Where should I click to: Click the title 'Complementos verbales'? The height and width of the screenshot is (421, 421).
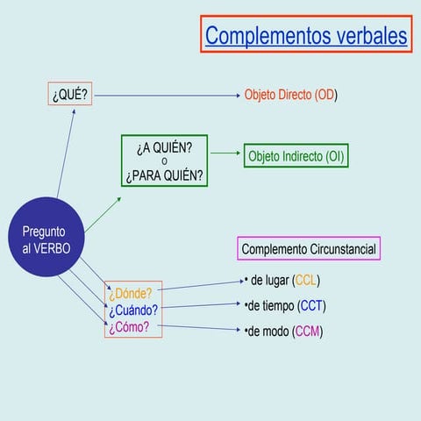click(x=306, y=36)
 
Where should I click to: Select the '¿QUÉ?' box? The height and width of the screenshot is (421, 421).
click(x=69, y=94)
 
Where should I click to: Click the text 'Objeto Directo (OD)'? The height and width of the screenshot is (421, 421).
click(x=290, y=95)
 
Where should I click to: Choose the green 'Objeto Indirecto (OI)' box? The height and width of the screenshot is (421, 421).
click(x=296, y=156)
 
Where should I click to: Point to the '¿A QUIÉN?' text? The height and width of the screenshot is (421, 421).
click(x=165, y=146)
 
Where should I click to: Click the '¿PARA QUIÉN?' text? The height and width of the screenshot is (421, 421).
click(x=165, y=175)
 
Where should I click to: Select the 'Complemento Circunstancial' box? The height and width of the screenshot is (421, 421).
click(x=310, y=249)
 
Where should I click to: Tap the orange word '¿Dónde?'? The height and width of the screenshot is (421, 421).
click(x=130, y=293)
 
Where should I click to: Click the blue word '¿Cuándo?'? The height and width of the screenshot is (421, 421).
click(x=133, y=310)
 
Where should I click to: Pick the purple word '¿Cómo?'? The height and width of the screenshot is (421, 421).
click(x=129, y=327)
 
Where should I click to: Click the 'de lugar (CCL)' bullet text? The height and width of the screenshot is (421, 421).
click(x=284, y=281)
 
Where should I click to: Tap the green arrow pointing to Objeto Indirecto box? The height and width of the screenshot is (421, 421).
click(x=225, y=153)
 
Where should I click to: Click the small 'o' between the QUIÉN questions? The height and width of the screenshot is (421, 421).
click(x=165, y=161)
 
